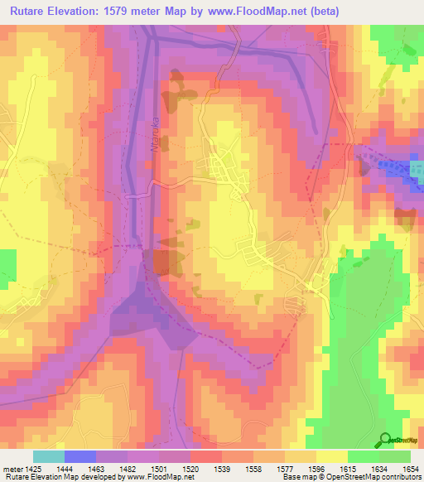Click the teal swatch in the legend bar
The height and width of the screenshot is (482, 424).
coord(49,456)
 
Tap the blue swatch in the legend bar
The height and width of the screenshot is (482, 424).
coord(80,456)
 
